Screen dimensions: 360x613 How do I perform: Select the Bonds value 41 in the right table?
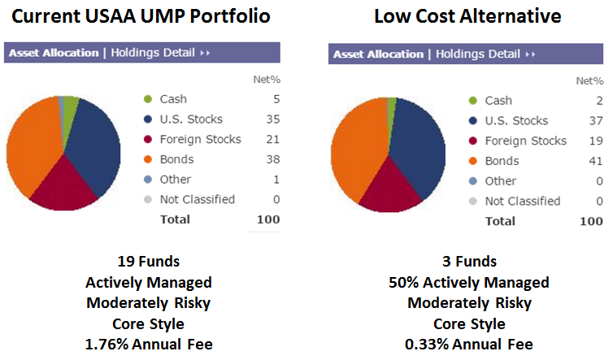[x=597, y=161]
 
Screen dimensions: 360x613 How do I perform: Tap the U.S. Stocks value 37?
[x=597, y=121]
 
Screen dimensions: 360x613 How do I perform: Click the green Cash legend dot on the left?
[x=147, y=99]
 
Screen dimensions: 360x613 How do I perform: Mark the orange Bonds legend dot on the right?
[x=472, y=161]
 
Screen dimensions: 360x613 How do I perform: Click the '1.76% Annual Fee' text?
[x=149, y=344]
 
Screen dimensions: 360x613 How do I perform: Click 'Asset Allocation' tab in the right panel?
[x=378, y=54]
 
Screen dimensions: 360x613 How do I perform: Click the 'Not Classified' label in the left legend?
[x=197, y=199]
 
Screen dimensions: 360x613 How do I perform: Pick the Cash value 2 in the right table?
[x=600, y=101]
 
